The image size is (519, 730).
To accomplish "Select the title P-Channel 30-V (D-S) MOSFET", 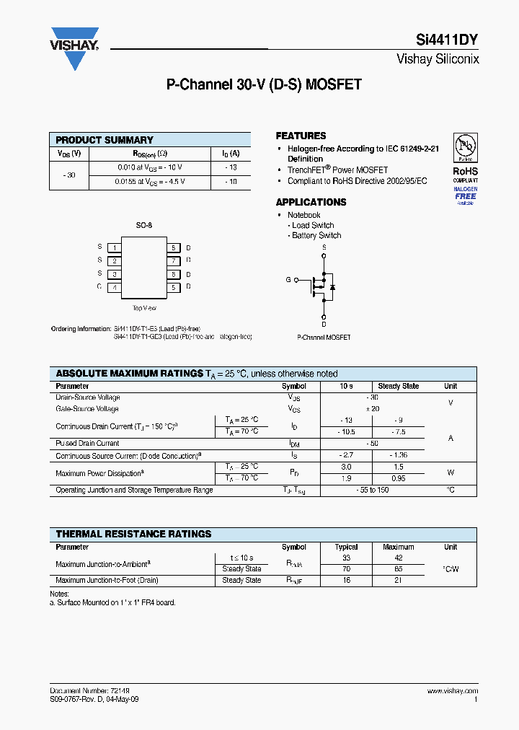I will (x=264, y=85).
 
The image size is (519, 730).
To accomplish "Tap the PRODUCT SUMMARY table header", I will (x=105, y=140).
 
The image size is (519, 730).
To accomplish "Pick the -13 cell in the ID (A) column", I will (x=231, y=167).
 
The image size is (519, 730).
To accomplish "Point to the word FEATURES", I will (x=301, y=136).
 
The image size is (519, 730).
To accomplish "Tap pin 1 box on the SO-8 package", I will (x=114, y=247).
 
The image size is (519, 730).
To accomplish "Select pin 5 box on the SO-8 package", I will (x=173, y=287).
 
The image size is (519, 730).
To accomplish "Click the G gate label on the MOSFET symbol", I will (x=288, y=279).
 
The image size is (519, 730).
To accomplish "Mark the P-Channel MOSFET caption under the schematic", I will (x=324, y=338).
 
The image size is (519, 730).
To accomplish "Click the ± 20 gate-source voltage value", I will (x=372, y=409).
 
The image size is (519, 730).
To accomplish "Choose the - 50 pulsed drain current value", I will (x=372, y=444).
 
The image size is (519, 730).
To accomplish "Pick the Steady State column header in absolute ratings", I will (x=398, y=386).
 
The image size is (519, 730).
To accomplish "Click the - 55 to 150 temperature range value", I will (x=372, y=491).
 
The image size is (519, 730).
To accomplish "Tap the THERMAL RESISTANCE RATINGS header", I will (x=134, y=534).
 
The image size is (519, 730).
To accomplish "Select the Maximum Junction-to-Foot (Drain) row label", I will (x=107, y=580).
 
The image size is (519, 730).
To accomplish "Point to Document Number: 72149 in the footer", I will (x=90, y=691).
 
